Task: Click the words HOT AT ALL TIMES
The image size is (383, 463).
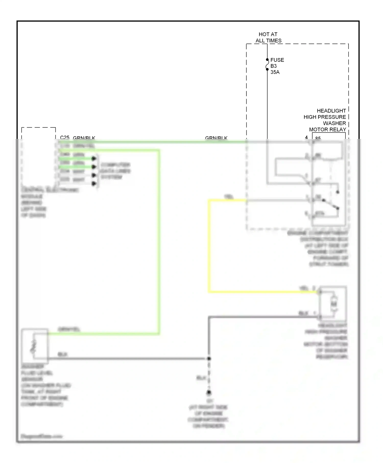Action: point(268,37)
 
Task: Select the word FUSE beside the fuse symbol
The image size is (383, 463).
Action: point(277,60)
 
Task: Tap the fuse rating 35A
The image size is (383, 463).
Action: point(275,72)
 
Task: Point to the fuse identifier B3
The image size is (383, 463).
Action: point(273,66)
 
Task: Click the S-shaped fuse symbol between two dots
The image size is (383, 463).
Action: point(267,65)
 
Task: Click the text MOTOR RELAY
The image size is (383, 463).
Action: point(327,129)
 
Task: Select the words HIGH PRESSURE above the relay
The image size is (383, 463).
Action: point(325,117)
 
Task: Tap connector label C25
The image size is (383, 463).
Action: point(65,138)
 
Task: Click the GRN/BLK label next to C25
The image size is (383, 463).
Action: point(84,138)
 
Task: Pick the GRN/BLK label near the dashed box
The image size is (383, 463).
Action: point(216,138)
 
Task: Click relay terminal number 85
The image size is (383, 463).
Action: point(318,138)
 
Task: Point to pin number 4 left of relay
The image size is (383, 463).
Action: point(306,138)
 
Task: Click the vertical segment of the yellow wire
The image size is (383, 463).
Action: point(209,245)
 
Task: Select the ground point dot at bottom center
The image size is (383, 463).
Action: point(209,392)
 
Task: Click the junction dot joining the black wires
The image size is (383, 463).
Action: point(209,359)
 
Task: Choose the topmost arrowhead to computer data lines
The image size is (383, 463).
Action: point(94,159)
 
